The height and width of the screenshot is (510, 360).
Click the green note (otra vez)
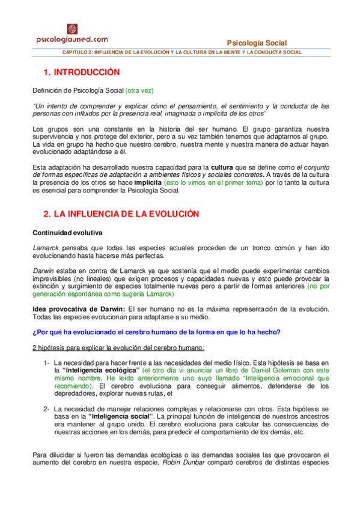click(x=139, y=90)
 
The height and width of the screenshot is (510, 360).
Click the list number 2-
click(x=46, y=409)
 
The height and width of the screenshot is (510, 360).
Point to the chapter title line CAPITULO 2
click(x=182, y=52)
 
